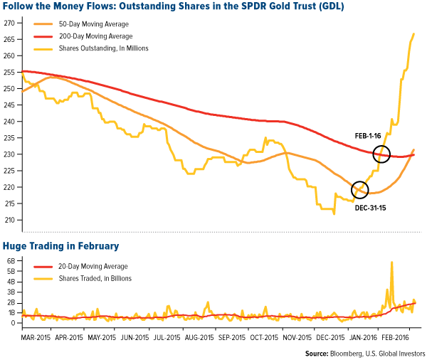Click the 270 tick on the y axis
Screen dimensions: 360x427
[10, 23]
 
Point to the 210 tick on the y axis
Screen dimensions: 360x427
[10, 220]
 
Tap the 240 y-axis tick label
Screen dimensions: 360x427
[10, 122]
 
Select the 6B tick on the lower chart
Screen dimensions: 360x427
[10, 260]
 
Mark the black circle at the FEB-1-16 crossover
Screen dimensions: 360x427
[381, 153]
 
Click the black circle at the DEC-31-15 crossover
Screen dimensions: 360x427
[360, 189]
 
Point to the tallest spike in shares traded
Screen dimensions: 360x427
[391, 263]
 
